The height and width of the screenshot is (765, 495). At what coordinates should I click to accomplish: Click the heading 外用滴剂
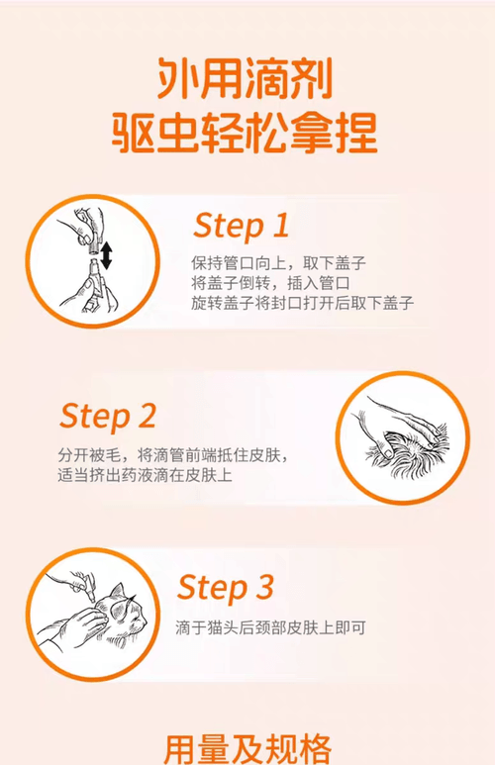click(245, 78)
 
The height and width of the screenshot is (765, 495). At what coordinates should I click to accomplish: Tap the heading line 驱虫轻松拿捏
click(245, 133)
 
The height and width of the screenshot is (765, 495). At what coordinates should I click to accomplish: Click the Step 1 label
click(242, 227)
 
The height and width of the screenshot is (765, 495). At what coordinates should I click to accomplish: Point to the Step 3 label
click(225, 588)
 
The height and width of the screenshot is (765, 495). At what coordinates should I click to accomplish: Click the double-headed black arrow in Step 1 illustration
click(106, 255)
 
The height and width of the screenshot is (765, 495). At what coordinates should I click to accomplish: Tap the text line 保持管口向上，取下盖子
click(278, 263)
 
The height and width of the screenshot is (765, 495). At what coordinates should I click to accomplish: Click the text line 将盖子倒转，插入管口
click(270, 283)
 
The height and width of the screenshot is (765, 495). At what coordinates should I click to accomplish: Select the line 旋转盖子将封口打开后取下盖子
click(302, 303)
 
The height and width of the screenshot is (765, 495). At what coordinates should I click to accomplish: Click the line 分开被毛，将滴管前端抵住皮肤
click(173, 455)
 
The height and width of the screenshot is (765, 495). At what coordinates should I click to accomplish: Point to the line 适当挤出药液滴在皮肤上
click(145, 475)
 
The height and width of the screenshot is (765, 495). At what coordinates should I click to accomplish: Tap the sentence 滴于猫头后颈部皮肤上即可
click(270, 627)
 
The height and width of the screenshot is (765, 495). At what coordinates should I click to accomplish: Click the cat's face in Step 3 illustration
click(128, 616)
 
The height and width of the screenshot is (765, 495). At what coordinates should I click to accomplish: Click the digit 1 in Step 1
click(280, 225)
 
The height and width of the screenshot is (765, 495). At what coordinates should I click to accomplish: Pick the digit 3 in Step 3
click(264, 587)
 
